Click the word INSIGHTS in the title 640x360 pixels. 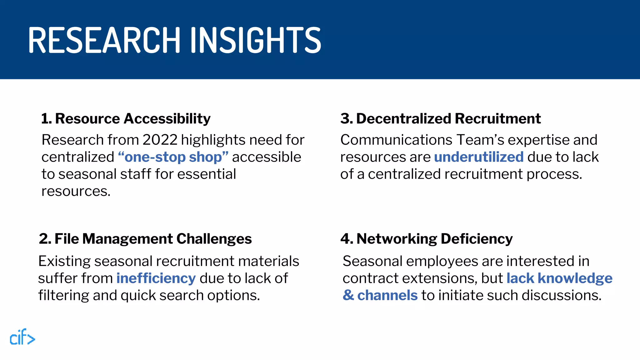click(x=256, y=40)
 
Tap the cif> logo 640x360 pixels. click(x=22, y=337)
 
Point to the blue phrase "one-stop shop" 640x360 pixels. click(x=173, y=157)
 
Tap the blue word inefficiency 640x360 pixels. click(x=156, y=278)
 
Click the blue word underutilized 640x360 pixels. click(x=478, y=157)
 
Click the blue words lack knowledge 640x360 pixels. click(x=559, y=278)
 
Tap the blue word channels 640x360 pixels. click(x=387, y=295)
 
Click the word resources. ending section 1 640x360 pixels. click(x=76, y=191)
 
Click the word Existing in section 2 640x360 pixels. click(x=64, y=261)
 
